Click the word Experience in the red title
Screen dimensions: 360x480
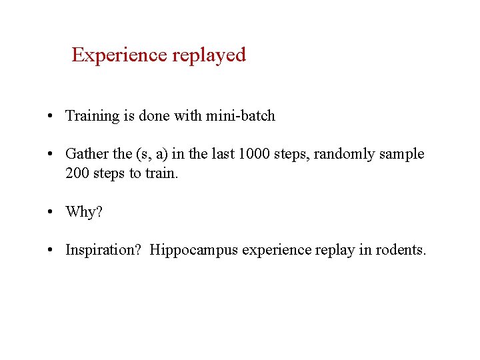click(x=119, y=55)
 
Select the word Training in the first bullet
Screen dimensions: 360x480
click(x=91, y=116)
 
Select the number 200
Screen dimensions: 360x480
click(x=77, y=173)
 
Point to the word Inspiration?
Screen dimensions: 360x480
click(x=103, y=250)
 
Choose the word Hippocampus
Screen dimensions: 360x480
click(x=194, y=250)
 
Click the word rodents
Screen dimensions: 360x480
click(x=400, y=250)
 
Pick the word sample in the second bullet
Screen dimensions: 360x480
click(x=402, y=154)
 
